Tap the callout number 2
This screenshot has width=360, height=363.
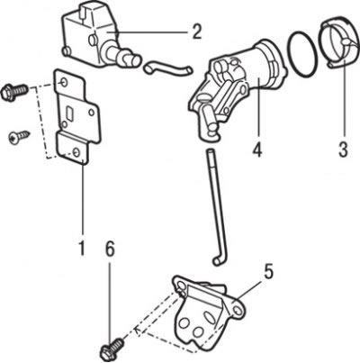tap(196, 32)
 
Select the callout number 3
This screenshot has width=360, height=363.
tap(344, 149)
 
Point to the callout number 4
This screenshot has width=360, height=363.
tap(257, 149)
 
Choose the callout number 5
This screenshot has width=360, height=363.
tap(268, 272)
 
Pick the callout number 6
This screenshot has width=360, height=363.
tap(110, 250)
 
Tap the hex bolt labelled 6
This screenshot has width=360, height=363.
tap(112, 349)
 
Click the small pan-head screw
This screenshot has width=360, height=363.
tap(19, 136)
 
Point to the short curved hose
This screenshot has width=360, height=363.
tap(167, 67)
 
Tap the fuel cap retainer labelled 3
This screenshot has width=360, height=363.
tap(340, 42)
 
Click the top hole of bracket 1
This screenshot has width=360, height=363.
tap(63, 82)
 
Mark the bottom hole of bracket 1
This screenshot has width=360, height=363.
tap(76, 151)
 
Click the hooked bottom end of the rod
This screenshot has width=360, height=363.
tap(219, 260)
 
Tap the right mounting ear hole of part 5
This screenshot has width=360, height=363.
tap(238, 310)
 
